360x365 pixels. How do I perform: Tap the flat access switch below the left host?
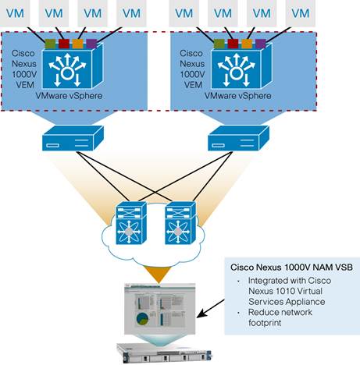point(71,141)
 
